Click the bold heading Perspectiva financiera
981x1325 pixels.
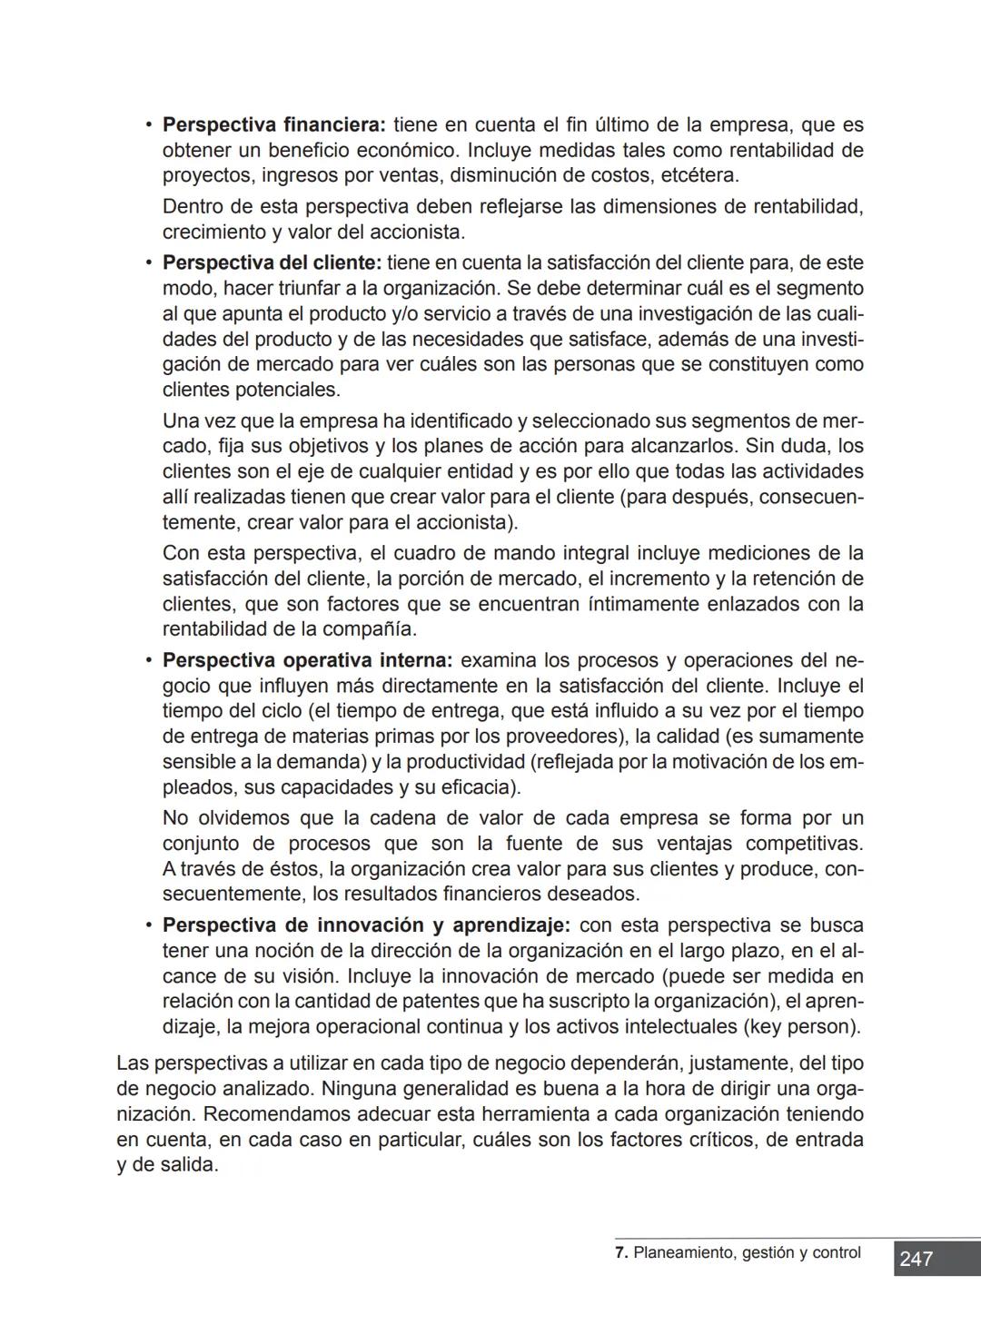[274, 124]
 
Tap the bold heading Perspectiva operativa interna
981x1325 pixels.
[307, 660]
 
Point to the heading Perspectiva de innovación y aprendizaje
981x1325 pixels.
[366, 925]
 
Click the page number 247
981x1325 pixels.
[917, 1259]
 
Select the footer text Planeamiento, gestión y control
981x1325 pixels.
[747, 1253]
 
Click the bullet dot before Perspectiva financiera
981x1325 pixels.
[147, 124]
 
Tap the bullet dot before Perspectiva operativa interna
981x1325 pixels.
[147, 660]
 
